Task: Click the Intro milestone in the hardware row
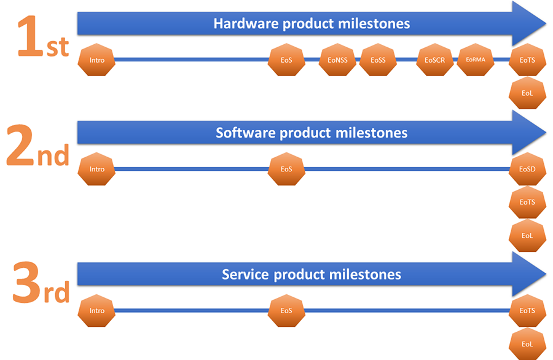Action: coord(96,60)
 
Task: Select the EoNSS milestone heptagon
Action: coord(337,60)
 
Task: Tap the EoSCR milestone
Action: coord(435,60)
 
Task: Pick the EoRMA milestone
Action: coord(476,60)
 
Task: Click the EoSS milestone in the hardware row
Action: coord(378,60)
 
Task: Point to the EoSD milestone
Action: coord(527,169)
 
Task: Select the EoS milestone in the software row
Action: coord(286,169)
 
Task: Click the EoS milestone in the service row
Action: coord(286,311)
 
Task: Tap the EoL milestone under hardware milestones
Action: coord(527,93)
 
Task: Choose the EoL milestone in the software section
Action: coord(527,235)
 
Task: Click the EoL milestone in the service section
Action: coord(527,344)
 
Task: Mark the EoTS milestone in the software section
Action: coord(527,202)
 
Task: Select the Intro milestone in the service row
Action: coord(96,311)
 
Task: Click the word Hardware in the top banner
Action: coord(246,23)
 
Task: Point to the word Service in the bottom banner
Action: coord(245,275)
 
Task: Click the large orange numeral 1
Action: coord(31,36)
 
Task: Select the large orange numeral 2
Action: coord(20,145)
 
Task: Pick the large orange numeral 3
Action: coord(26,282)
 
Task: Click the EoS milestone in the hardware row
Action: coord(286,60)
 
